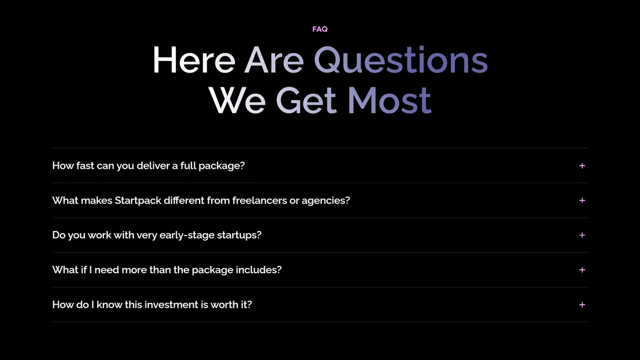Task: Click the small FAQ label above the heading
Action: (x=320, y=29)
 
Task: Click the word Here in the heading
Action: (x=194, y=60)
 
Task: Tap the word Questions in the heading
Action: (x=401, y=60)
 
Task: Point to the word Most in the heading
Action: (x=389, y=99)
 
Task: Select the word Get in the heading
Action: (x=306, y=99)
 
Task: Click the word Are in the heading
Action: (x=274, y=60)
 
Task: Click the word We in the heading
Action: (x=237, y=99)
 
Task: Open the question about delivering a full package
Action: (x=148, y=166)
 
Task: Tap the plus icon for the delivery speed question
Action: (x=582, y=166)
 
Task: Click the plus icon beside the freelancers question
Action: (x=582, y=201)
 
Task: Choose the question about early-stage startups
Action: (x=157, y=235)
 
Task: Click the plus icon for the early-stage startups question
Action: (x=582, y=235)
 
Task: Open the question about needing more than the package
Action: (x=167, y=270)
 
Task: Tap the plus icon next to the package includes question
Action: (x=582, y=270)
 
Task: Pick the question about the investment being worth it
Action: (x=152, y=305)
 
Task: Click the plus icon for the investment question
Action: (x=582, y=305)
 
